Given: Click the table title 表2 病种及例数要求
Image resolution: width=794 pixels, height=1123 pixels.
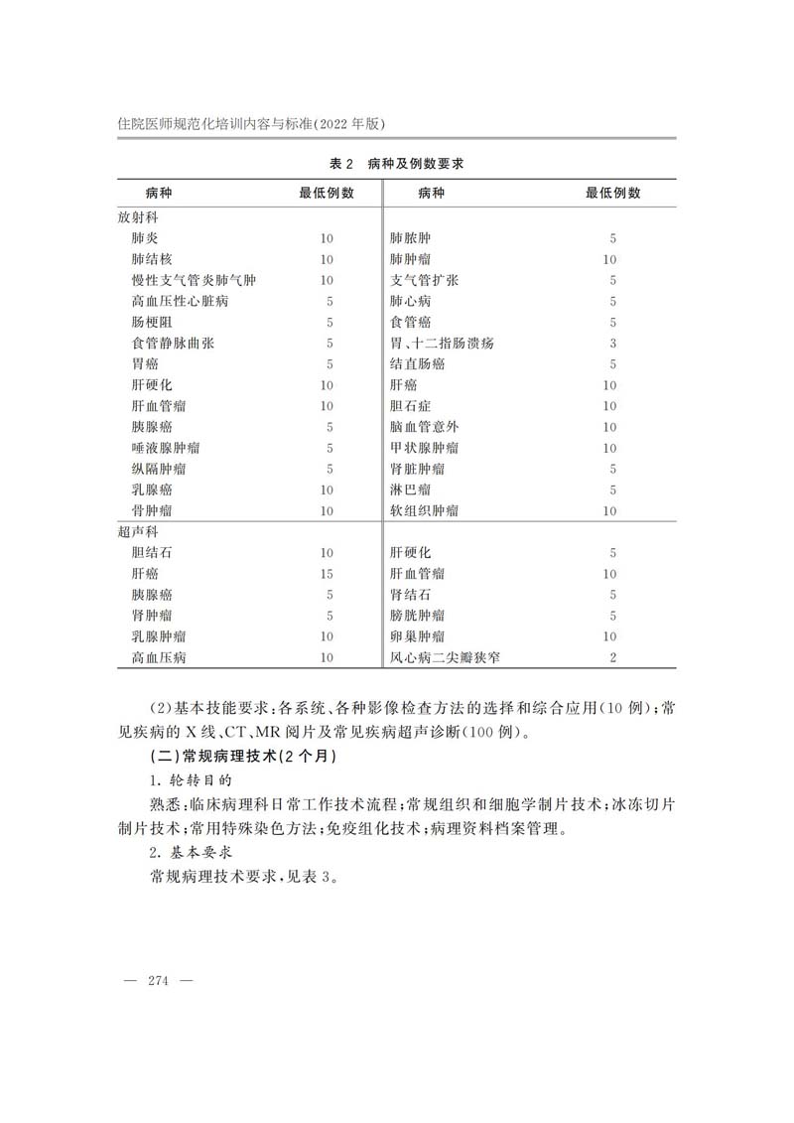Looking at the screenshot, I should click(x=396, y=163).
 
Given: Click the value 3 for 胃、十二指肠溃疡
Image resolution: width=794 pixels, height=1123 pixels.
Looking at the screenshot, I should click(x=612, y=344).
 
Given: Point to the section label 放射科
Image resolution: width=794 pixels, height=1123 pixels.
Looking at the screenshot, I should click(x=138, y=216).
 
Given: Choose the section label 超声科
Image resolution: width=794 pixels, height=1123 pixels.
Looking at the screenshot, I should click(x=138, y=531).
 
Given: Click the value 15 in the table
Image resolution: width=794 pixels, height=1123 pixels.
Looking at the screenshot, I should click(x=327, y=574).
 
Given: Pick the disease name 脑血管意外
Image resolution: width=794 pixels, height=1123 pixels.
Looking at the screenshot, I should click(x=424, y=427).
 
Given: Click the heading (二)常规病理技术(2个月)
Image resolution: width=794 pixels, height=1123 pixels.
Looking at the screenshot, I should click(x=242, y=758).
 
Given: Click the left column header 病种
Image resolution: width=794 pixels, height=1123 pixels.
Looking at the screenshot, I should click(x=158, y=193).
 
